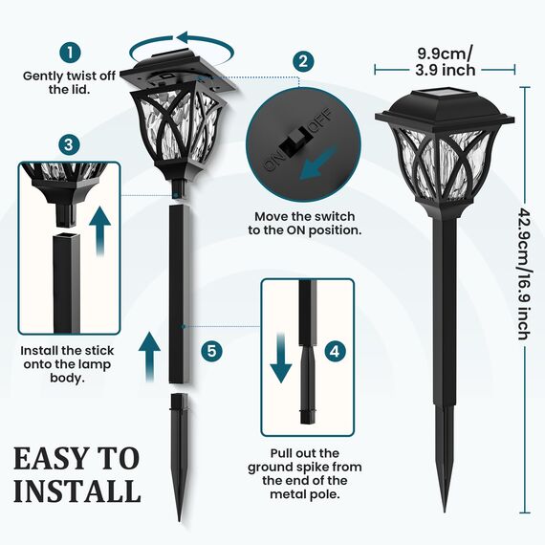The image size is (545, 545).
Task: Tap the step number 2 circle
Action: pyautogui.click(x=304, y=60)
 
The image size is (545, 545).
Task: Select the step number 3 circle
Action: pyautogui.click(x=68, y=144)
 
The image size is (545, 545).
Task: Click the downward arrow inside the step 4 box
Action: pyautogui.click(x=281, y=359)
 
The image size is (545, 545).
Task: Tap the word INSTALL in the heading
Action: pyautogui.click(x=76, y=491)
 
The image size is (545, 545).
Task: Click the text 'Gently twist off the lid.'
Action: pyautogui.click(x=69, y=81)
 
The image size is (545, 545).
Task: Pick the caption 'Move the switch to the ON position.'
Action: pyautogui.click(x=307, y=224)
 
